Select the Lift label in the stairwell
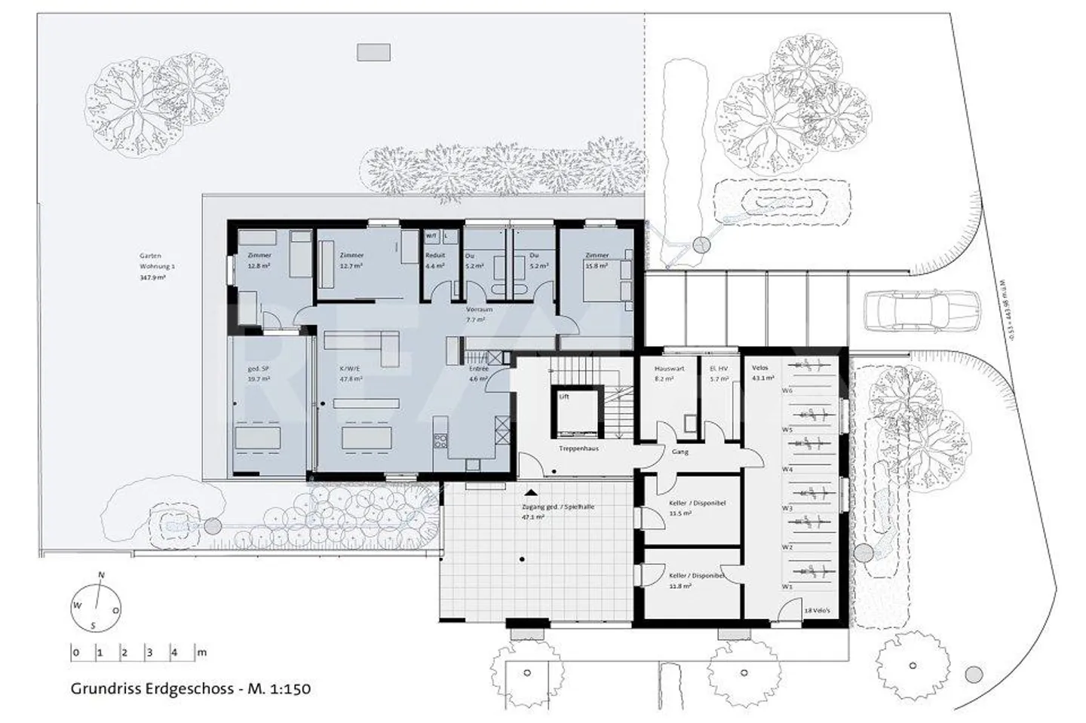pos(564,396)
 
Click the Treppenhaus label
pos(578,448)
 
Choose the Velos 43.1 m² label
pos(762,372)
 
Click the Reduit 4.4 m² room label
pos(435,261)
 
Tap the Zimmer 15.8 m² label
pos(597,261)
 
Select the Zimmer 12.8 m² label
pos(259,260)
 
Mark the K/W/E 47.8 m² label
pos(351,375)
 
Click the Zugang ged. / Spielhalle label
pos(557,512)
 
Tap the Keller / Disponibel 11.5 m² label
pos(697,507)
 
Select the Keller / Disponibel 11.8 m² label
pos(696,580)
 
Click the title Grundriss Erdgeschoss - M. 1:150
pos(191,688)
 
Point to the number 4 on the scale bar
pos(173,653)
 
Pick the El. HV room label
pos(719,373)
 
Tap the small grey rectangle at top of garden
pos(373,51)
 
